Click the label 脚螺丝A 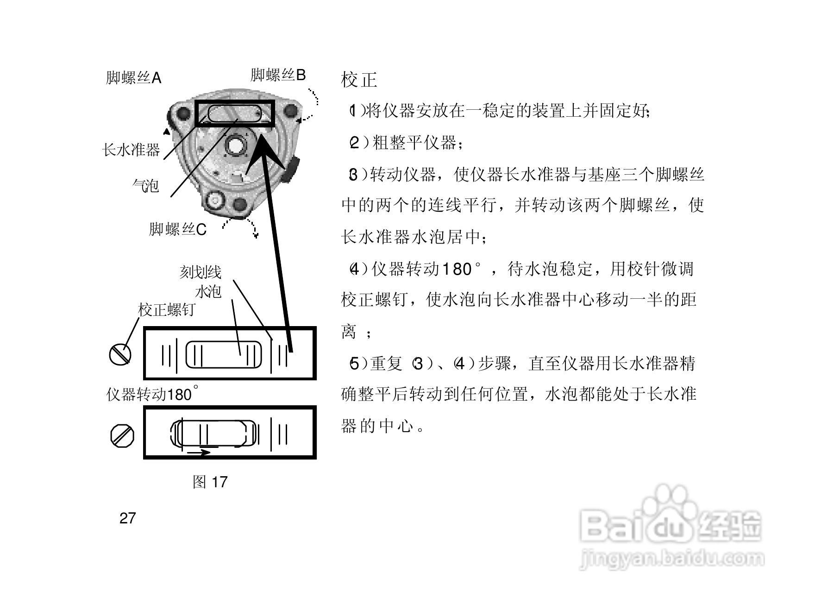click(133, 78)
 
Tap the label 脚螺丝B click(278, 75)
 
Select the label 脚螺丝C click(177, 229)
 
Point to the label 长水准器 click(131, 150)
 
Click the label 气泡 click(145, 186)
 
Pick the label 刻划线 click(200, 272)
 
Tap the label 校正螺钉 click(166, 310)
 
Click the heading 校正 click(359, 80)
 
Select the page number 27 click(127, 518)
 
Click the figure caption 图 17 click(210, 482)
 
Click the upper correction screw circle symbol click(120, 354)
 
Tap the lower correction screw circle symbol click(122, 436)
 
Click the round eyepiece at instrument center click(236, 145)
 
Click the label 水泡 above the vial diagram click(208, 291)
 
